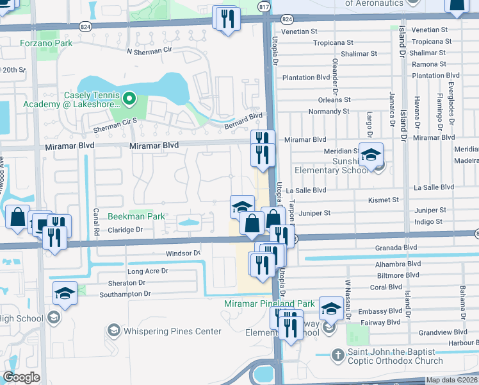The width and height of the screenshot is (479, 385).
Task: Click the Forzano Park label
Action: (x=46, y=44)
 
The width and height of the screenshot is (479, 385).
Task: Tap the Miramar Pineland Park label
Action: (x=269, y=303)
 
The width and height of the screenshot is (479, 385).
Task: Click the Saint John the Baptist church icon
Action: (x=338, y=354)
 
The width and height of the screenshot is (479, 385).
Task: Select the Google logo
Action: (x=21, y=377)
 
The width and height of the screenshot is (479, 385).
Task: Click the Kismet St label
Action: (x=384, y=200)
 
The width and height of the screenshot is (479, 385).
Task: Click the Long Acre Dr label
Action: (x=147, y=271)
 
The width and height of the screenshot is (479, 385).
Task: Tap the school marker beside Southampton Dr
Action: (x=65, y=294)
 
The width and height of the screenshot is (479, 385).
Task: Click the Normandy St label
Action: (x=328, y=111)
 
